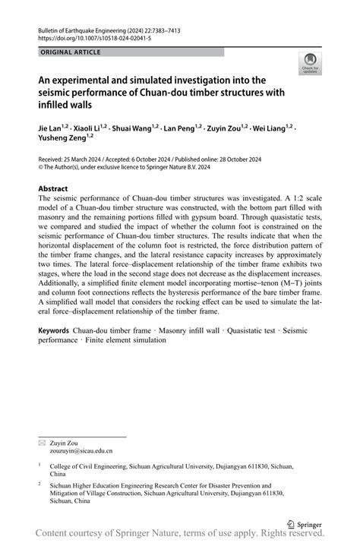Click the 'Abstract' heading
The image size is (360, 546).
[53, 188]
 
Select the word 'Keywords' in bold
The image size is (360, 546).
[54, 332]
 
